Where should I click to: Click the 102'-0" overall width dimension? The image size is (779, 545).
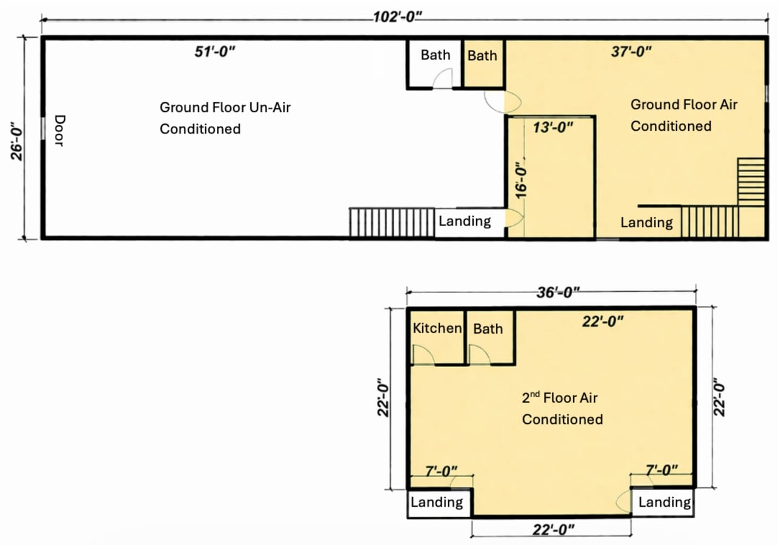click(x=397, y=16)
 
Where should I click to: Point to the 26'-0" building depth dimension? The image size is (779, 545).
click(x=18, y=138)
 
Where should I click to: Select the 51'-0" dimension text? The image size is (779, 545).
click(x=214, y=52)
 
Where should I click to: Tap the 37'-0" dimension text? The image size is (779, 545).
click(x=631, y=52)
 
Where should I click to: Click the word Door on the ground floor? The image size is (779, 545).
click(x=59, y=130)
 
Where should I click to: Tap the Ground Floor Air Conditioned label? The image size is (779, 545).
click(x=683, y=115)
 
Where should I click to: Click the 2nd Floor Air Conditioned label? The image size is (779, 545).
click(x=562, y=409)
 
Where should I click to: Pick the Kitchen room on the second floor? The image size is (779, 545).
click(x=437, y=329)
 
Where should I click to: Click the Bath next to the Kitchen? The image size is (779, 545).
click(x=488, y=329)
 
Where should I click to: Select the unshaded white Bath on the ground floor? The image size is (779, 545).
click(x=435, y=55)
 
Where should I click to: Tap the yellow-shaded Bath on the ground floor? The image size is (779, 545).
click(x=482, y=56)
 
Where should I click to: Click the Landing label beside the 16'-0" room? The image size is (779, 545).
click(x=465, y=221)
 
